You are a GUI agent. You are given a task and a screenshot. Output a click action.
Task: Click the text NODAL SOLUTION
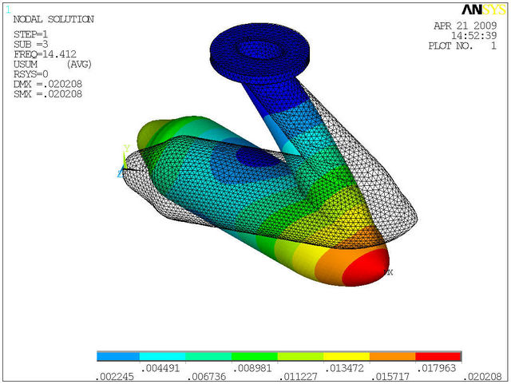click(x=53, y=19)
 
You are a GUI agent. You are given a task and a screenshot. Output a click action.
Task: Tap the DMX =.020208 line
click(x=47, y=84)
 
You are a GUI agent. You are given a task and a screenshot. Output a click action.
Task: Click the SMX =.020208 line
click(x=47, y=94)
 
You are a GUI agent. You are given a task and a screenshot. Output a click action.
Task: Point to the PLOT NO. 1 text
click(x=462, y=46)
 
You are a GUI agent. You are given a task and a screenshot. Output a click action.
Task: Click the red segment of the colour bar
click(x=438, y=356)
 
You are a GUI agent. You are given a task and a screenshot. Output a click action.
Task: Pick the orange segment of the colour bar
click(x=392, y=356)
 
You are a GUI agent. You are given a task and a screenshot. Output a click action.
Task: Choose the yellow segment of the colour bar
click(x=347, y=356)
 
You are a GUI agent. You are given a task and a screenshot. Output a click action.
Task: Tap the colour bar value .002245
click(x=113, y=375)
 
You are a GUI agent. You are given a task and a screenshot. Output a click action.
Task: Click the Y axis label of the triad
click(x=125, y=148)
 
